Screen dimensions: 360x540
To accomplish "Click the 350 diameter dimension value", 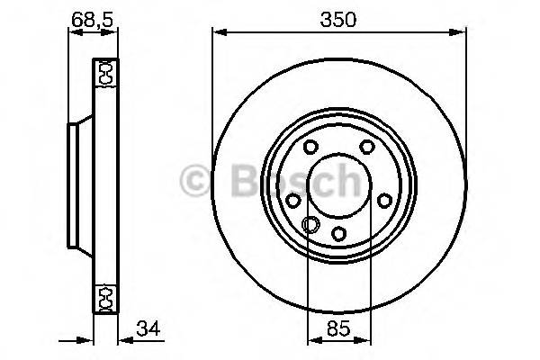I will [x=340, y=18].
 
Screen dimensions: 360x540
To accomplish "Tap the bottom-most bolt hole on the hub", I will [x=339, y=233].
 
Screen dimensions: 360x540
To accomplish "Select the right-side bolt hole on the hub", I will [x=384, y=201].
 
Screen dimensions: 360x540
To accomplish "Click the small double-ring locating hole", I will [x=310, y=226].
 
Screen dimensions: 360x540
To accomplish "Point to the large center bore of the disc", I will [x=339, y=186].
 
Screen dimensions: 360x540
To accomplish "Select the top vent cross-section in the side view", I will [x=104, y=72].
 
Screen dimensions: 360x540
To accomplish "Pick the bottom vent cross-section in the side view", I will [x=104, y=296].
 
